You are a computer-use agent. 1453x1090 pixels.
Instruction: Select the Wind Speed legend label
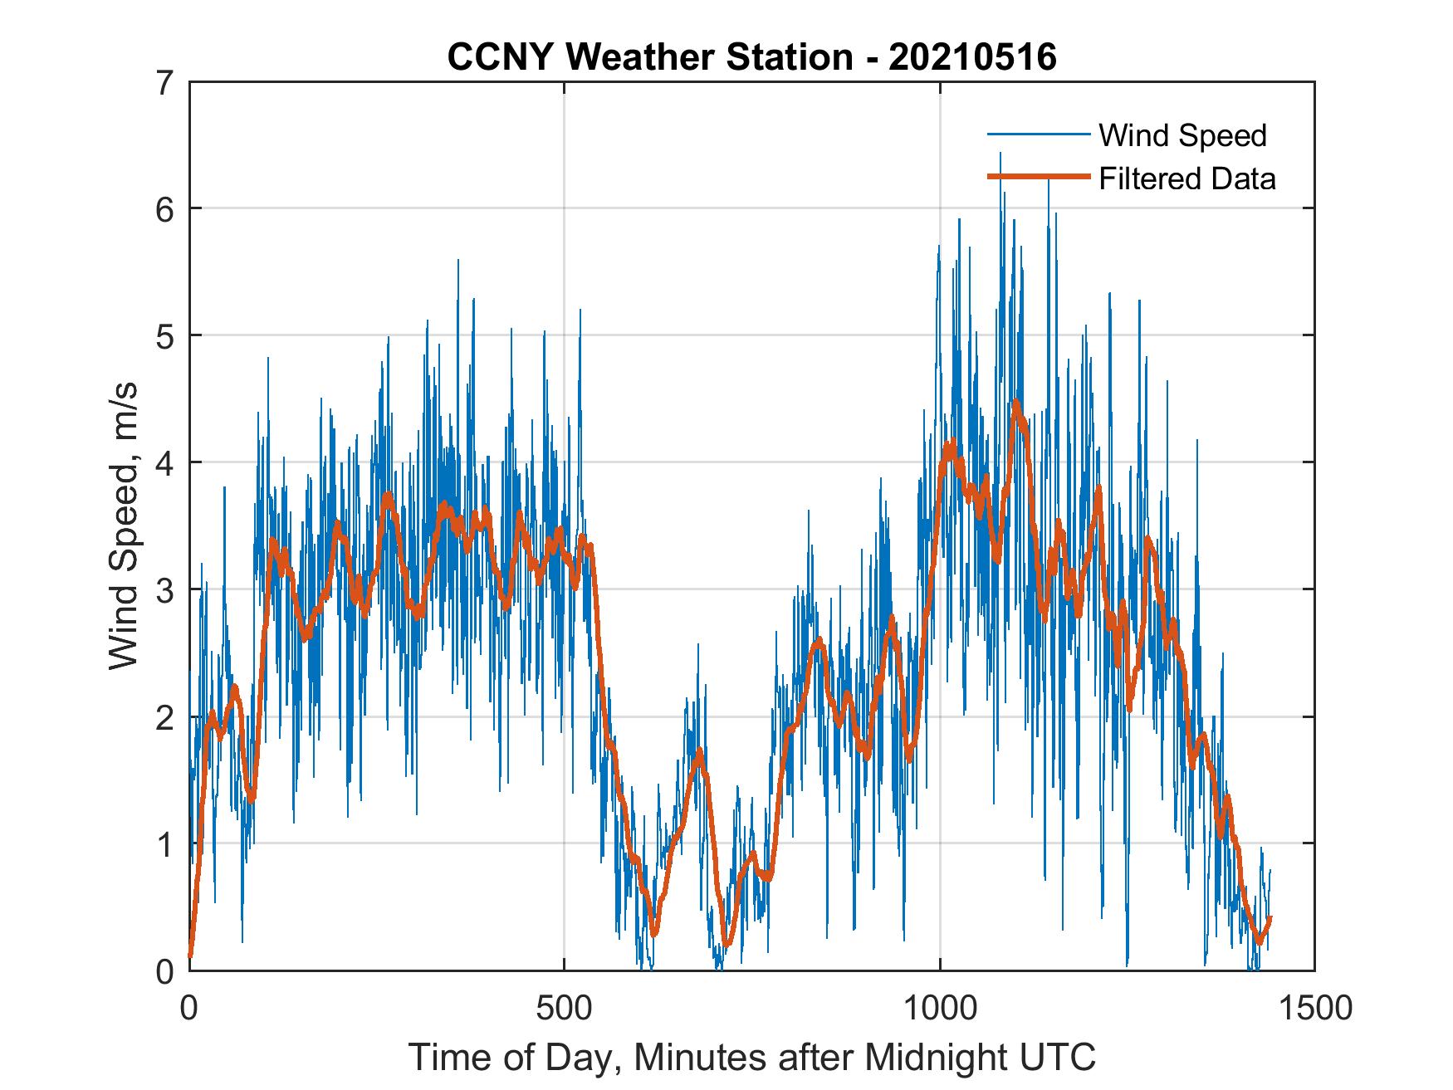tap(1182, 135)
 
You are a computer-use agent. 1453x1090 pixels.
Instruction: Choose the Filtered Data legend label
tap(1186, 178)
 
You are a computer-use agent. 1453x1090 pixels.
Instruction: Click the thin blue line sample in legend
tap(1037, 134)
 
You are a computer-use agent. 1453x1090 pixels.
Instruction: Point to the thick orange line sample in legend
tap(1037, 177)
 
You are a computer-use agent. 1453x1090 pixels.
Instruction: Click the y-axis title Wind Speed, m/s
tap(124, 526)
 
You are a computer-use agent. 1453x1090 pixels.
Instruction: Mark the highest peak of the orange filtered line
tap(1015, 403)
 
